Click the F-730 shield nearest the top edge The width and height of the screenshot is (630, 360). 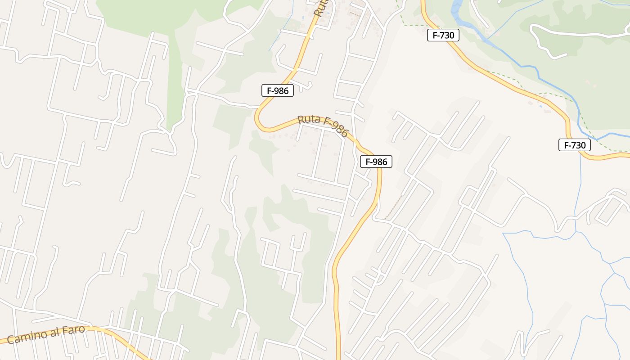(x=443, y=35)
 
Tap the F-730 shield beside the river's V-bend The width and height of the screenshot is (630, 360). (x=574, y=145)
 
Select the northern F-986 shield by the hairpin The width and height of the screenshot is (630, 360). (x=278, y=90)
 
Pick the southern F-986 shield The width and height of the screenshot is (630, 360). (x=376, y=162)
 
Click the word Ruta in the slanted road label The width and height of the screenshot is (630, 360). (x=309, y=120)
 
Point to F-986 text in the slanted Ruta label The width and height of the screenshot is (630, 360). (x=336, y=129)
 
